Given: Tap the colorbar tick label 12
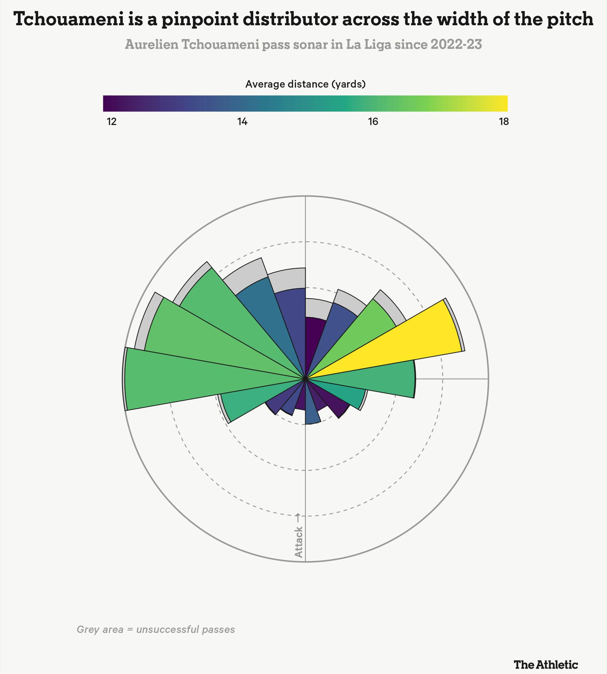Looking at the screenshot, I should point(112,122).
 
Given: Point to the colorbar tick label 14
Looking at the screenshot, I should point(242,122).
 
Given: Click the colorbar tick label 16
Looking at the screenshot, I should point(373,122).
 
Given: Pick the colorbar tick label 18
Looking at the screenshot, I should point(504,122).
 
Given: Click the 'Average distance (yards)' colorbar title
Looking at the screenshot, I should point(306,84).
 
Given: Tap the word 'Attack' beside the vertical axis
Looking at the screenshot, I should point(298,542).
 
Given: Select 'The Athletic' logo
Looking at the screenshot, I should point(546,655).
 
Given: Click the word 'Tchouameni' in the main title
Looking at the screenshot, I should point(69,19).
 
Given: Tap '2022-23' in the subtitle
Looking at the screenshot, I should point(456,44).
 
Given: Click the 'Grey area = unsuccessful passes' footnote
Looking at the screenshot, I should point(156,629).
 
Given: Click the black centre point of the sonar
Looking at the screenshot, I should point(305,379).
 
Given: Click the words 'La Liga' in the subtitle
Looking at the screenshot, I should point(369,44).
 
